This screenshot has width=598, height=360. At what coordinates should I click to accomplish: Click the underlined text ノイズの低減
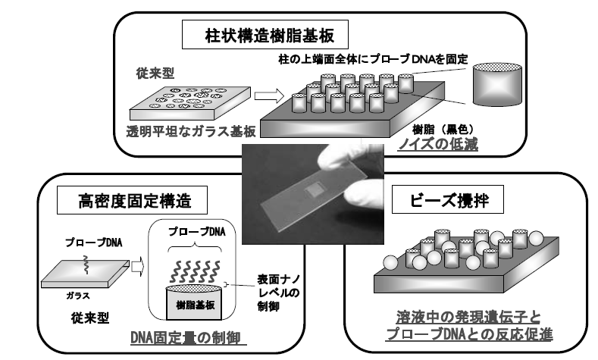point(445,144)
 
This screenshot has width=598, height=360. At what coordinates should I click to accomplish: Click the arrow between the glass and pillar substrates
point(265,97)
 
